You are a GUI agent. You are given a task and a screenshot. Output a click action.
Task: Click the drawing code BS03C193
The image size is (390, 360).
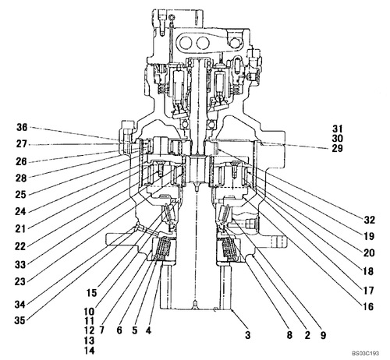tap(363, 354)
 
